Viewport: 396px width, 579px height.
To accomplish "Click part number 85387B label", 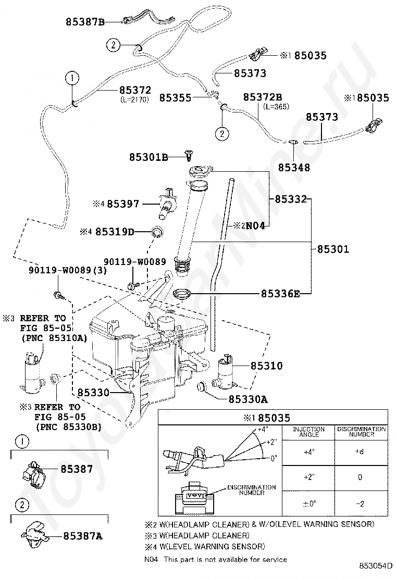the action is coord(85,22).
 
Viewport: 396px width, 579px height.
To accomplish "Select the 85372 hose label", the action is coord(135,90).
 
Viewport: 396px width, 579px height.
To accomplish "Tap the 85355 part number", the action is coord(176,98).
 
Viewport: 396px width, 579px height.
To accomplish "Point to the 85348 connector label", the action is coord(294,167).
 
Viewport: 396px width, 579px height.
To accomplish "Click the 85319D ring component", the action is coord(158,232).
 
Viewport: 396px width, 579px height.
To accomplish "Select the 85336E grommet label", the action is coord(280,294).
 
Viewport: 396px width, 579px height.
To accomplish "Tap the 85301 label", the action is coord(333,249).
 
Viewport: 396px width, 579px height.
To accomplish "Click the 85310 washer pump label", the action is coord(266,366).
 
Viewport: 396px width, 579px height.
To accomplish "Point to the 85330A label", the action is coord(248,399).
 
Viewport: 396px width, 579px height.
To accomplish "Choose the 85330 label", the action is coord(93,392).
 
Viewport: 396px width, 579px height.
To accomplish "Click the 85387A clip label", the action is coord(83,536).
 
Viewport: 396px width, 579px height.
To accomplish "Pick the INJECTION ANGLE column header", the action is coord(309,432).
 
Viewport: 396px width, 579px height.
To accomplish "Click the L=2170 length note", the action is coord(134,99).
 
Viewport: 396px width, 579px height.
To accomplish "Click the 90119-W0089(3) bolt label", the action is coord(68,270).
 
